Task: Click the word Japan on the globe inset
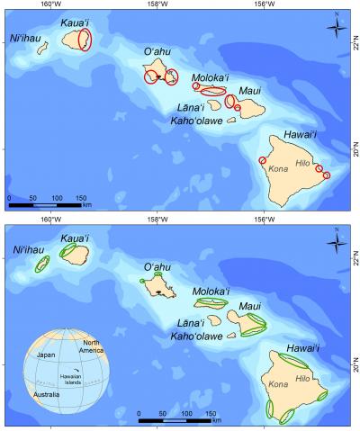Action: [x=48, y=355]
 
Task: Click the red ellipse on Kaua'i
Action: [x=85, y=39]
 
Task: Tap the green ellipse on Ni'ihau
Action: [x=41, y=265]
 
